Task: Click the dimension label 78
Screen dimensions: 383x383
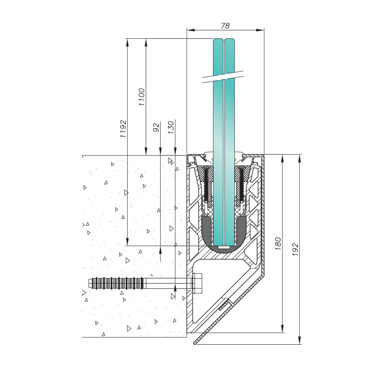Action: coord(225,26)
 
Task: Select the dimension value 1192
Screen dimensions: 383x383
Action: coord(123,129)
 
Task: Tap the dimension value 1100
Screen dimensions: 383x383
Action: coord(141,97)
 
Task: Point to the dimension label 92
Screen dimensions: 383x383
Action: coord(156,127)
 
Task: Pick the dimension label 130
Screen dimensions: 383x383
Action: coord(171,127)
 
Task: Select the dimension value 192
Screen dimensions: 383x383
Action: coord(295,249)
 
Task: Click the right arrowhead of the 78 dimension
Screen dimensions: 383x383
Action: coord(260,30)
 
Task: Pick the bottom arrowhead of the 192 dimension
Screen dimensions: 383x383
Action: coord(299,340)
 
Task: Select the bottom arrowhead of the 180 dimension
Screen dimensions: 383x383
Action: coord(282,329)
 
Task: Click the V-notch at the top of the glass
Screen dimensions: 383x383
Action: coord(224,40)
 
